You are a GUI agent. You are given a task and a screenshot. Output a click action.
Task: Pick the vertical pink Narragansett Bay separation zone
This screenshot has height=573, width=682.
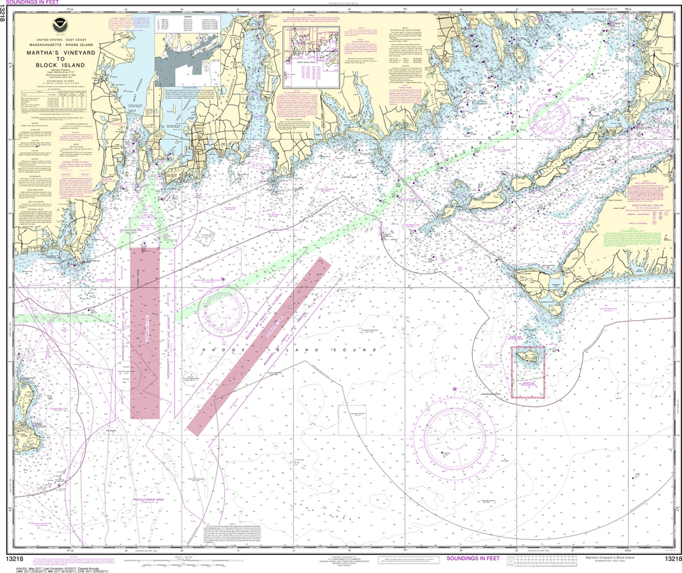145,333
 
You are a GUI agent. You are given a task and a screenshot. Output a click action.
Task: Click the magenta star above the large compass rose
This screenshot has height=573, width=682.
455,388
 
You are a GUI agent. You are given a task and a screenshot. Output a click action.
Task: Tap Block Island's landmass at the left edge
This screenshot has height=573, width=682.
25,416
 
